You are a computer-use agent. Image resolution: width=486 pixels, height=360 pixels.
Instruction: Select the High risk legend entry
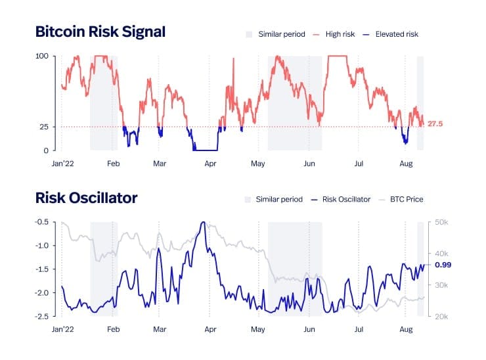[340, 34]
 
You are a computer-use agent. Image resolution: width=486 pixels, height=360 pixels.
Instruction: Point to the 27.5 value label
[435, 124]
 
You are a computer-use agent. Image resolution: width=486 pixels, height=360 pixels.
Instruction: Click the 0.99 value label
[443, 264]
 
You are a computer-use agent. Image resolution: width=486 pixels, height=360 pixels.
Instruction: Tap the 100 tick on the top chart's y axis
[42, 56]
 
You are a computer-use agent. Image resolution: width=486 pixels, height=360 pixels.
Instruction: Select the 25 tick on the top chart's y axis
[45, 127]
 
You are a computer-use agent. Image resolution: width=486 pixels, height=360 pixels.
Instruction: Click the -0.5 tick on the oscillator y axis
[41, 222]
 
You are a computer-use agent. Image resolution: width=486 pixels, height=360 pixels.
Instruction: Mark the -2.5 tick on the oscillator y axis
[41, 317]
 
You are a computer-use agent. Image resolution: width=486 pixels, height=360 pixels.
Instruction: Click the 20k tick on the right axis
[441, 317]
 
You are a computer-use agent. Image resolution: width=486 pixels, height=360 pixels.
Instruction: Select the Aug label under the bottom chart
[406, 328]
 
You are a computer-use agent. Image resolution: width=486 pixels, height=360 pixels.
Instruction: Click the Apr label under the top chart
[210, 162]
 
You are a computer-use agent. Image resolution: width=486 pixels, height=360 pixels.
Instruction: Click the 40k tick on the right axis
[441, 254]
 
